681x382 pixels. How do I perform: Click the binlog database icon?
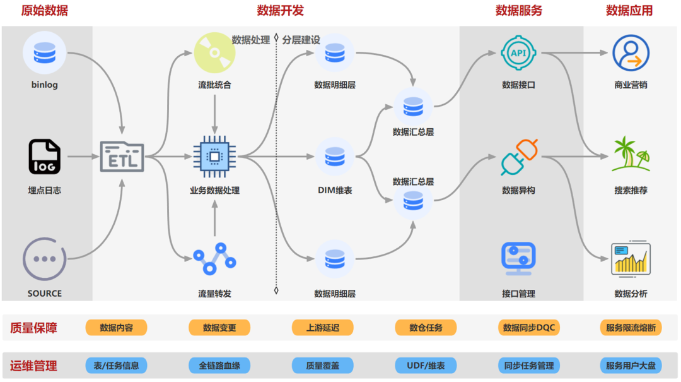coord(44,53)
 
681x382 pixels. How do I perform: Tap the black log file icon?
coord(44,157)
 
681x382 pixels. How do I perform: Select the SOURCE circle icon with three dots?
coord(44,259)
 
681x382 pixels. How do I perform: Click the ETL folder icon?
coord(122,155)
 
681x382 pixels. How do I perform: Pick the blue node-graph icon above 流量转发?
coord(214,258)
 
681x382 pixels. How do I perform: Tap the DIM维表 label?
coord(335,190)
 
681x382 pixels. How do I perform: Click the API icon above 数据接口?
coord(518,54)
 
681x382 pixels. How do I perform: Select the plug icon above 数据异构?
coord(518,157)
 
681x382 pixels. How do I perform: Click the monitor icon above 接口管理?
coord(518,258)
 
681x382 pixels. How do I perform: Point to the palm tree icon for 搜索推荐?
coord(631,155)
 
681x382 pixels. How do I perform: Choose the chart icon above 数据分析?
coord(631,258)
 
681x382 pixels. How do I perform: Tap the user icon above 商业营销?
coord(631,53)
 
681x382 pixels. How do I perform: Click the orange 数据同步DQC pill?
coord(528,328)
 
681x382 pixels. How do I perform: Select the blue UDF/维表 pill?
coord(426,366)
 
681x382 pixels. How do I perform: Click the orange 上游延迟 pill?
coord(322,328)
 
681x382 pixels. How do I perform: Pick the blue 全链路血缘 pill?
coord(219,366)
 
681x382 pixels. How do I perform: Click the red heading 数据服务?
coord(518,11)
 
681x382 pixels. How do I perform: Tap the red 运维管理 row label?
coord(33,366)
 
